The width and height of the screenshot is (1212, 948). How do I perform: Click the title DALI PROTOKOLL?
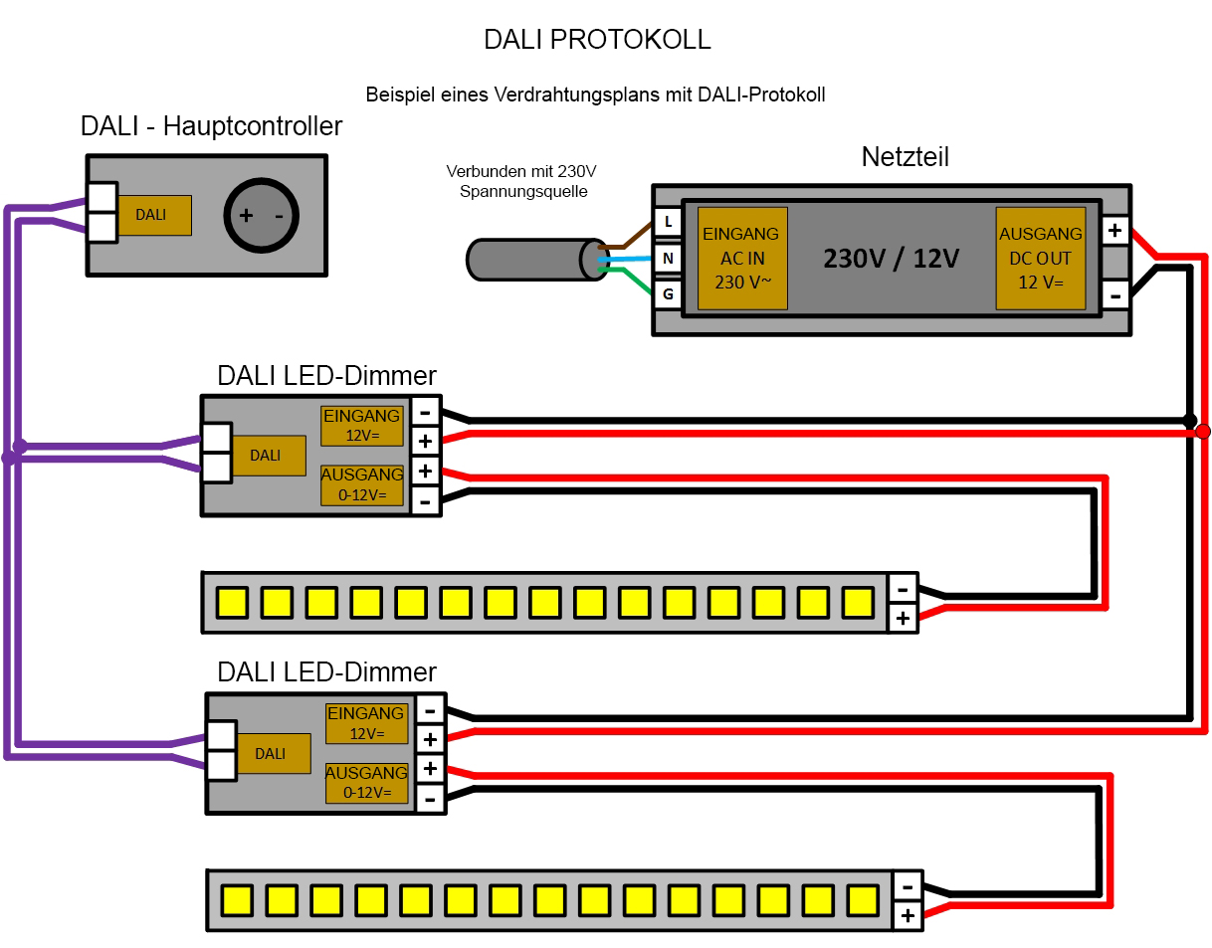coord(597,40)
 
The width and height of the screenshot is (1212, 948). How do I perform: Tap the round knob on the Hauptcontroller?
coord(262,216)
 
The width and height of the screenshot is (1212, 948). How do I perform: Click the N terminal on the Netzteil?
coord(668,259)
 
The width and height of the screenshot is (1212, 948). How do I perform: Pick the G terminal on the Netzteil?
coord(668,294)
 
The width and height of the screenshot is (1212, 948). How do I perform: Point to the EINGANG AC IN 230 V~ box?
coord(741,259)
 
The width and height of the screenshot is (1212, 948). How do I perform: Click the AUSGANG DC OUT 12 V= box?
coord(1041,259)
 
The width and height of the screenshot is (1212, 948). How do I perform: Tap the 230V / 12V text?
coord(891,259)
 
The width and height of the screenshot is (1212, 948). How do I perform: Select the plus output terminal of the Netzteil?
coord(1114,231)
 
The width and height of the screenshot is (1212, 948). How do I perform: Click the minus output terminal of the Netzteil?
coord(1114,294)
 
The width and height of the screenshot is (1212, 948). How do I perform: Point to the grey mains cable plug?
coord(532,260)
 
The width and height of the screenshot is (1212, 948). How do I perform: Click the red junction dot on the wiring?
coord(1202,431)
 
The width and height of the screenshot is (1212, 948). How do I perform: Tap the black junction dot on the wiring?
coord(1189,420)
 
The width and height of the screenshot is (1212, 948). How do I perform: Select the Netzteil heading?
coord(905,157)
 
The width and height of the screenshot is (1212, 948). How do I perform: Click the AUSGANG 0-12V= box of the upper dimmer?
coord(362,484)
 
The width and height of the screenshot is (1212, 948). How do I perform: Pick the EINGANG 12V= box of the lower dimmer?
coord(367,723)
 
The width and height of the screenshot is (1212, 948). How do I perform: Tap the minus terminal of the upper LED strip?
coord(903,588)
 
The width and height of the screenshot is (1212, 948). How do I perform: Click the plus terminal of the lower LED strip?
coord(908,915)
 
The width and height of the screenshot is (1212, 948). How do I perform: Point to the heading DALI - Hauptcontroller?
coord(211,126)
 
